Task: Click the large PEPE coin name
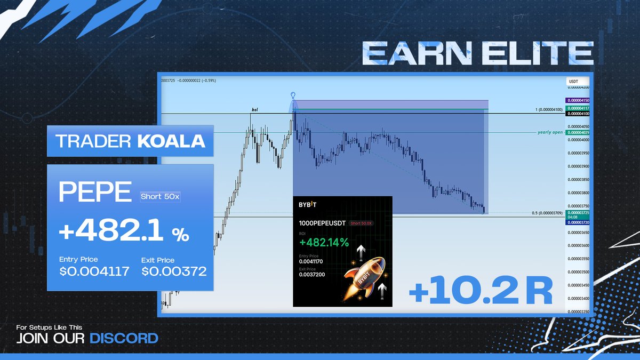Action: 95,193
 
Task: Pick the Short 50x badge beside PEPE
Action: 160,197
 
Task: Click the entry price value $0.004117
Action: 94,271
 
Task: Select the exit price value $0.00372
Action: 174,271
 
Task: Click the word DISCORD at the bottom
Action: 124,338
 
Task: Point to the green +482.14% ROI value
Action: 324,243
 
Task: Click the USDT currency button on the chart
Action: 574,82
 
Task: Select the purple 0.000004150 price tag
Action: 578,100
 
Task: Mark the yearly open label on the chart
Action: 549,132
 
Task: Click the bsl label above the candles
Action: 254,110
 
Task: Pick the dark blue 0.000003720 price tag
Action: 578,221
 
